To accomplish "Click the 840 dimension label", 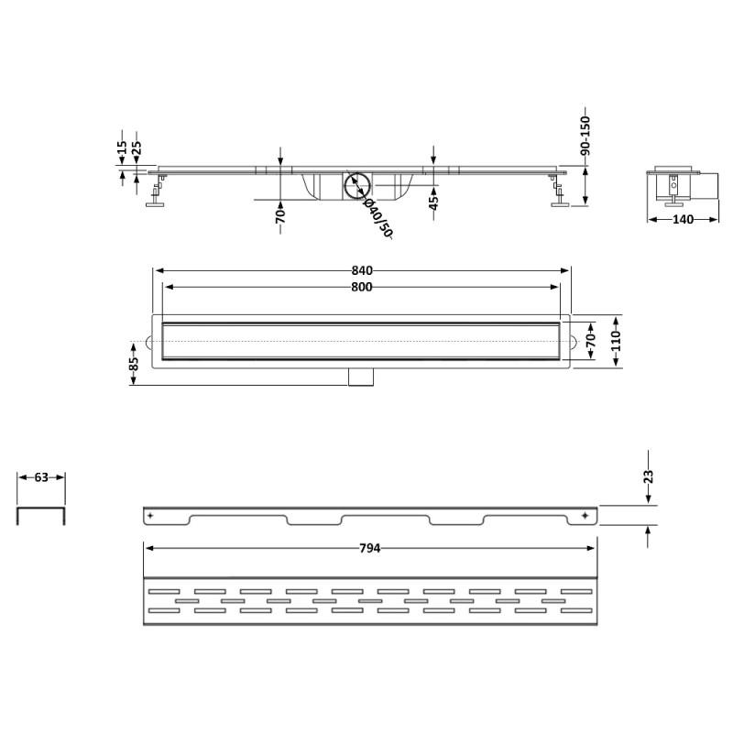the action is pos(362,270).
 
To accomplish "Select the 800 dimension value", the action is pos(362,287).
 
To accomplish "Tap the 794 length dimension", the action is pos(370,548).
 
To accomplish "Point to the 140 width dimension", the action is pos(683,220).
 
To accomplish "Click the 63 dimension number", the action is pos(41,477).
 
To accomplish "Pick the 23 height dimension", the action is pos(648,476).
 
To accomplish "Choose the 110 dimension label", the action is pos(616,341).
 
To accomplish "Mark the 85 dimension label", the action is pos(134,364).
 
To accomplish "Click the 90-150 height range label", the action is pos(585,136).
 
